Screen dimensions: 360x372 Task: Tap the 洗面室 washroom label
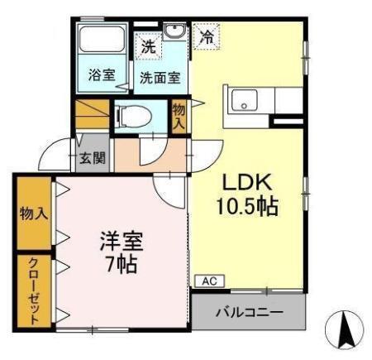[159, 79]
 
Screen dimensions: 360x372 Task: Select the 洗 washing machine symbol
[148, 46]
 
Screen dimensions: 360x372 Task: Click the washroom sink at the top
[174, 33]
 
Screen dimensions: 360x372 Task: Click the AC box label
[207, 281]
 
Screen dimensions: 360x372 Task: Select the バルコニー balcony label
[249, 313]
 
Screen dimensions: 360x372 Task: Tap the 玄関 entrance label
[92, 158]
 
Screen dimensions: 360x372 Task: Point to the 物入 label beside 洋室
[34, 214]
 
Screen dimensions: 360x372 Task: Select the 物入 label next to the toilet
[179, 114]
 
